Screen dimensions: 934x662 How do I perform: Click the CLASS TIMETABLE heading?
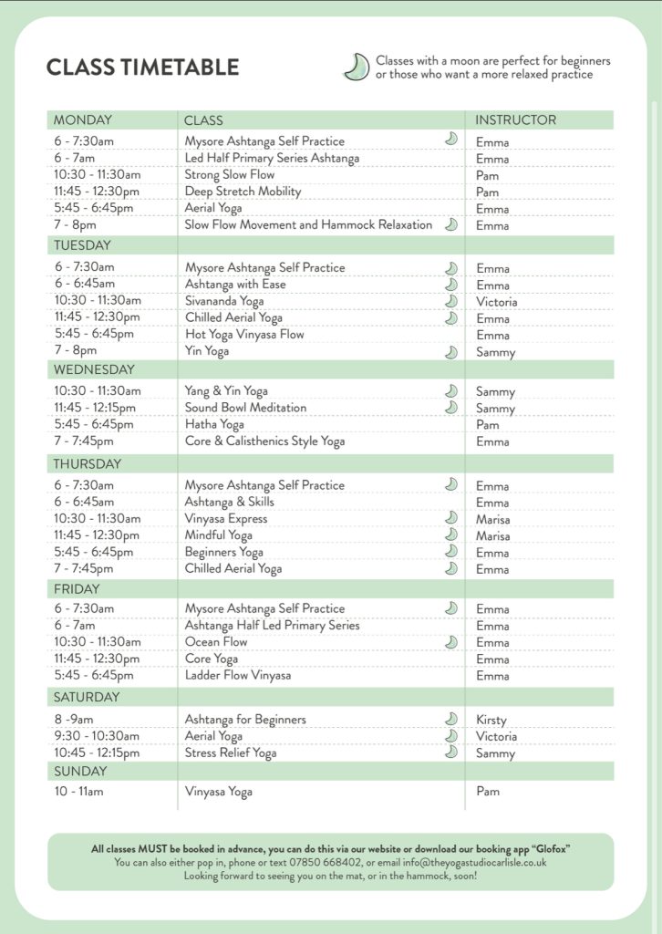(142, 67)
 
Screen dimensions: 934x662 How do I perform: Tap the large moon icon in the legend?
(355, 67)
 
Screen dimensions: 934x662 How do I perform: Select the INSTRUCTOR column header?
(515, 120)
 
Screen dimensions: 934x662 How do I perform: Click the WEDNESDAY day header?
(94, 369)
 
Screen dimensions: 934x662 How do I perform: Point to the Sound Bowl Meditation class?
(245, 408)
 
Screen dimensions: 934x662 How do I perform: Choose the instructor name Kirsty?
(491, 720)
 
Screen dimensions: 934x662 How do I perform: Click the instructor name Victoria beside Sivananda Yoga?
(496, 302)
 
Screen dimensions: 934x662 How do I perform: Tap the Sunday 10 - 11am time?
(78, 791)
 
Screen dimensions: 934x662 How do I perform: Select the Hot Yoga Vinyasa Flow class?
(244, 335)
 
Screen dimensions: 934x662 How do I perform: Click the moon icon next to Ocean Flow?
(450, 642)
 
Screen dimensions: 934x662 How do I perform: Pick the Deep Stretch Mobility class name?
(243, 192)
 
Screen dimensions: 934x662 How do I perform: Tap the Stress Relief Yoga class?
(231, 753)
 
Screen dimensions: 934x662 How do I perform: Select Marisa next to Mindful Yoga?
(492, 536)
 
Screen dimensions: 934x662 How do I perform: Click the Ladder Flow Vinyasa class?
(238, 676)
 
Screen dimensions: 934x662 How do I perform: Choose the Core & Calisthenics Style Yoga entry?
(264, 441)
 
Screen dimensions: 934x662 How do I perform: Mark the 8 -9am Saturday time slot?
(74, 720)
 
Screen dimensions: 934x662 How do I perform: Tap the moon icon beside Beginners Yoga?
(450, 552)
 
